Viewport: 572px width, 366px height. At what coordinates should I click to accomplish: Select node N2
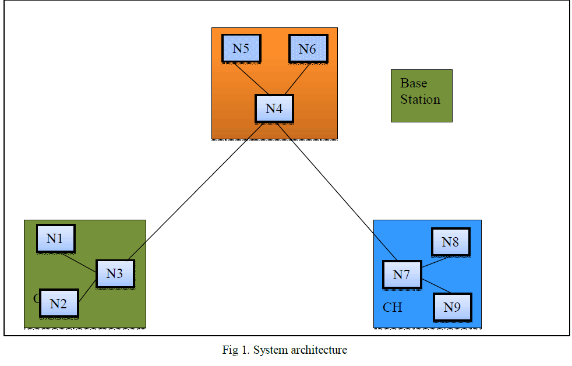tap(58, 303)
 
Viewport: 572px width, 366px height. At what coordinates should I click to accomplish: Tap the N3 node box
tap(115, 273)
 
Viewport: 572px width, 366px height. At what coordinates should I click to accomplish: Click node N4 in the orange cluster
tap(274, 108)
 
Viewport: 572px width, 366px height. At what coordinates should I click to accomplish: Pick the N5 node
tap(241, 48)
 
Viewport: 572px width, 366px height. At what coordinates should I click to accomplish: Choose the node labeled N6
tap(308, 49)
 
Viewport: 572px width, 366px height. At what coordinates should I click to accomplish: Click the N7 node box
tap(401, 274)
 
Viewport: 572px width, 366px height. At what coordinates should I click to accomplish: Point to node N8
tap(450, 242)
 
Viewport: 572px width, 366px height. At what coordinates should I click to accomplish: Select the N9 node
tap(452, 307)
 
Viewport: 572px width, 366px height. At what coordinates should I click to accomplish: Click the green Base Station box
tap(421, 96)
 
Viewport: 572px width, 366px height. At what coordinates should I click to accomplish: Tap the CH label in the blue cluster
tap(392, 307)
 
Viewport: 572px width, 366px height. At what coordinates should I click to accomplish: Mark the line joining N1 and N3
tap(79, 260)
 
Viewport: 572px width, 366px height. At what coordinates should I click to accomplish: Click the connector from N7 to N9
tap(436, 286)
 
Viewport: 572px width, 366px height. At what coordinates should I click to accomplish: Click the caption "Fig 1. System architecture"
tap(284, 350)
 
